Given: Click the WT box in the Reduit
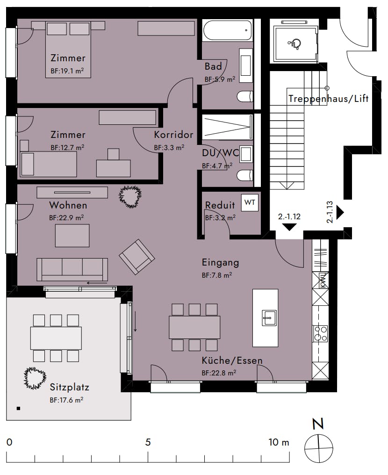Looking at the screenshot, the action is (250, 202).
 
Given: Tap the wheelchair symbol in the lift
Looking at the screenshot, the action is (294, 44).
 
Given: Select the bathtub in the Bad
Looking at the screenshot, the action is (227, 30).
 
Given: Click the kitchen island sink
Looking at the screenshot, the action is (269, 318).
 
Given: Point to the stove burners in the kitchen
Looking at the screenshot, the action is (320, 333).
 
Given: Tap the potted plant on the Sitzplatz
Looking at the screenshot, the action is (35, 378).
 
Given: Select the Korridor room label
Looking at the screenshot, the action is (173, 135).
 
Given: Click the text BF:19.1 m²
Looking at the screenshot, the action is (67, 71).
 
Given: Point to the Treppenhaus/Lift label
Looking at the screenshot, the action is (328, 99).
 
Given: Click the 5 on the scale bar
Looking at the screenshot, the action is (148, 442).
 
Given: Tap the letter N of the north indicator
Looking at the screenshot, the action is (318, 424).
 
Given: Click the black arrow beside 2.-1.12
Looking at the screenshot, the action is (289, 227).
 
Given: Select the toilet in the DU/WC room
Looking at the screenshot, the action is (245, 175).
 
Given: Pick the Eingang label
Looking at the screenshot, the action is (220, 262).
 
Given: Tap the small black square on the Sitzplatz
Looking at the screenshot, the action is (19, 408).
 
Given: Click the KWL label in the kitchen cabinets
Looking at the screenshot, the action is (322, 281).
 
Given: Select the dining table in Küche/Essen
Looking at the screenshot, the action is (194, 327).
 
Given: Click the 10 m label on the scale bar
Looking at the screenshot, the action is (279, 442).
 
